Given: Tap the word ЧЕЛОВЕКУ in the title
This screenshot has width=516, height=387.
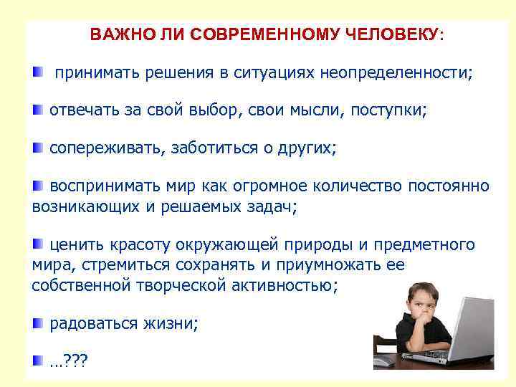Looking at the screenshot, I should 392,34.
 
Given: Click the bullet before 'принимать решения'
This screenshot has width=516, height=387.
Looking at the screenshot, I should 37,72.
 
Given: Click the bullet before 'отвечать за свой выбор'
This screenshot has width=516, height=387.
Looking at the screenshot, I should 37,110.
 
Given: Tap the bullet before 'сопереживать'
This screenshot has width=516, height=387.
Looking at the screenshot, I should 37,148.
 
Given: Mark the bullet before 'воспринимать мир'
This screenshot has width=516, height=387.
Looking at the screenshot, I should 37,186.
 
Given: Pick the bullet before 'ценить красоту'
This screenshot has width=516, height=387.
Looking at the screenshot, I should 37,244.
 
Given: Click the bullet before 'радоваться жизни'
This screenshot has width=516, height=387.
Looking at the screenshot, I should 37,322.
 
